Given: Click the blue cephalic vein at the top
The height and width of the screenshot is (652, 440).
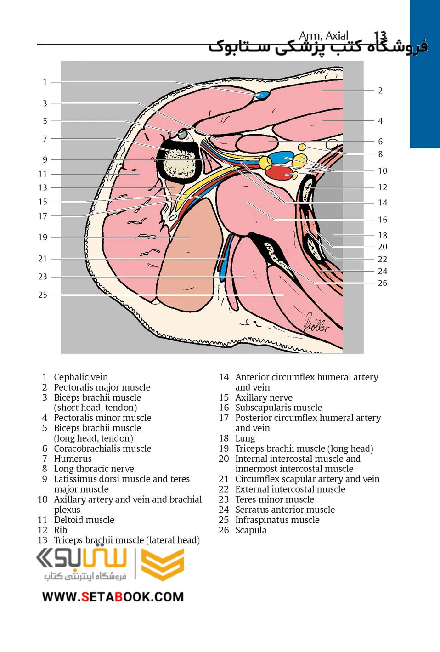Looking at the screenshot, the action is pos(263,95).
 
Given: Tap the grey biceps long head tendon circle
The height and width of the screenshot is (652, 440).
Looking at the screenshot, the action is pos(183,134).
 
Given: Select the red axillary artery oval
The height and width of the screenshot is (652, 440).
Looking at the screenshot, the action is pos(280,173).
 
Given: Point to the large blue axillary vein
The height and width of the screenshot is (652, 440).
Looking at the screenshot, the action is pos(281,159).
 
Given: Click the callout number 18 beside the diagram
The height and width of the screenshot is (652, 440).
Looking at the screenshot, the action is pos(383,235).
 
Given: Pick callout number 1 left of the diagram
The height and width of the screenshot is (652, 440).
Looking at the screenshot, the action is pos(45,82).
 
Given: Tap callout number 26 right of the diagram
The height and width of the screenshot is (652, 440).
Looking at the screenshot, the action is pos(383,283).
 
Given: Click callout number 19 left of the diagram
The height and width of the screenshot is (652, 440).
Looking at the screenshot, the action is pos(43,238).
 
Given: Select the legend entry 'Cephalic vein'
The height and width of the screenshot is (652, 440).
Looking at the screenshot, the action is pos(81,377).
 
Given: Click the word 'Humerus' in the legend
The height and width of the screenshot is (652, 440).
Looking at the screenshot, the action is pos(73,459).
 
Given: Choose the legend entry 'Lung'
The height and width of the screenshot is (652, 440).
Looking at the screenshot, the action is pos(245,438).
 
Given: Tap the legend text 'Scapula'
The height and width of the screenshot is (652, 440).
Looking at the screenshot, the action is pos(251,530).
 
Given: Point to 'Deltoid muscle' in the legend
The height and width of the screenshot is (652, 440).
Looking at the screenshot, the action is pos(84,520).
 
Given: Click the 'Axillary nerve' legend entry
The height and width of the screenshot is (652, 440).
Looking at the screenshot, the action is pos(264,397).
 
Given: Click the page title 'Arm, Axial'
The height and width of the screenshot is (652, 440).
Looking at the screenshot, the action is pos(324,36).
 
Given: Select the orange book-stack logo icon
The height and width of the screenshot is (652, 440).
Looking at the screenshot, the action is pos(163,564).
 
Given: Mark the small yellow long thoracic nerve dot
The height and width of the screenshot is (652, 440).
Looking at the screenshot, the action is pos(302,147).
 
